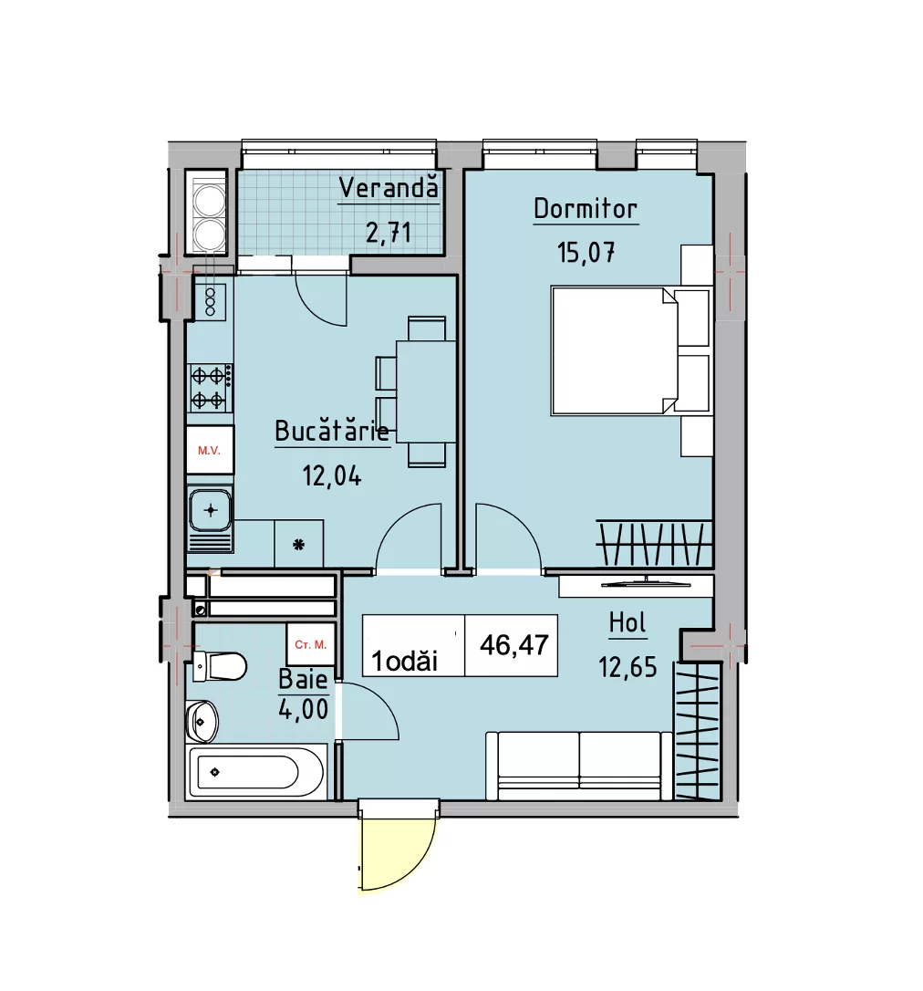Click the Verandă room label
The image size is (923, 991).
(389, 188)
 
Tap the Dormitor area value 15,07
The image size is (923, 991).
(586, 253)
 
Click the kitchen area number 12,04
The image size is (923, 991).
(332, 475)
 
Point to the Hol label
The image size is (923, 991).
(627, 623)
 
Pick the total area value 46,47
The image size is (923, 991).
(514, 645)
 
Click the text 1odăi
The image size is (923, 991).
(404, 661)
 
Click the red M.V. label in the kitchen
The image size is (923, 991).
(209, 451)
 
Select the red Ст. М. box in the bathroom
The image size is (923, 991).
(310, 644)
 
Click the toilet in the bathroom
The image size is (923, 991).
(219, 666)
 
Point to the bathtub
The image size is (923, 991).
(256, 772)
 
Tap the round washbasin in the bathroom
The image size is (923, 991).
(202, 721)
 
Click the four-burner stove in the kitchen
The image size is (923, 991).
(210, 388)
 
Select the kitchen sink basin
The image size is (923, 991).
(211, 510)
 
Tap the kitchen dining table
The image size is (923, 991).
(426, 391)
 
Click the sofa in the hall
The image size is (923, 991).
(578, 766)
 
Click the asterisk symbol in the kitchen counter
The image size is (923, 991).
(299, 544)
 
